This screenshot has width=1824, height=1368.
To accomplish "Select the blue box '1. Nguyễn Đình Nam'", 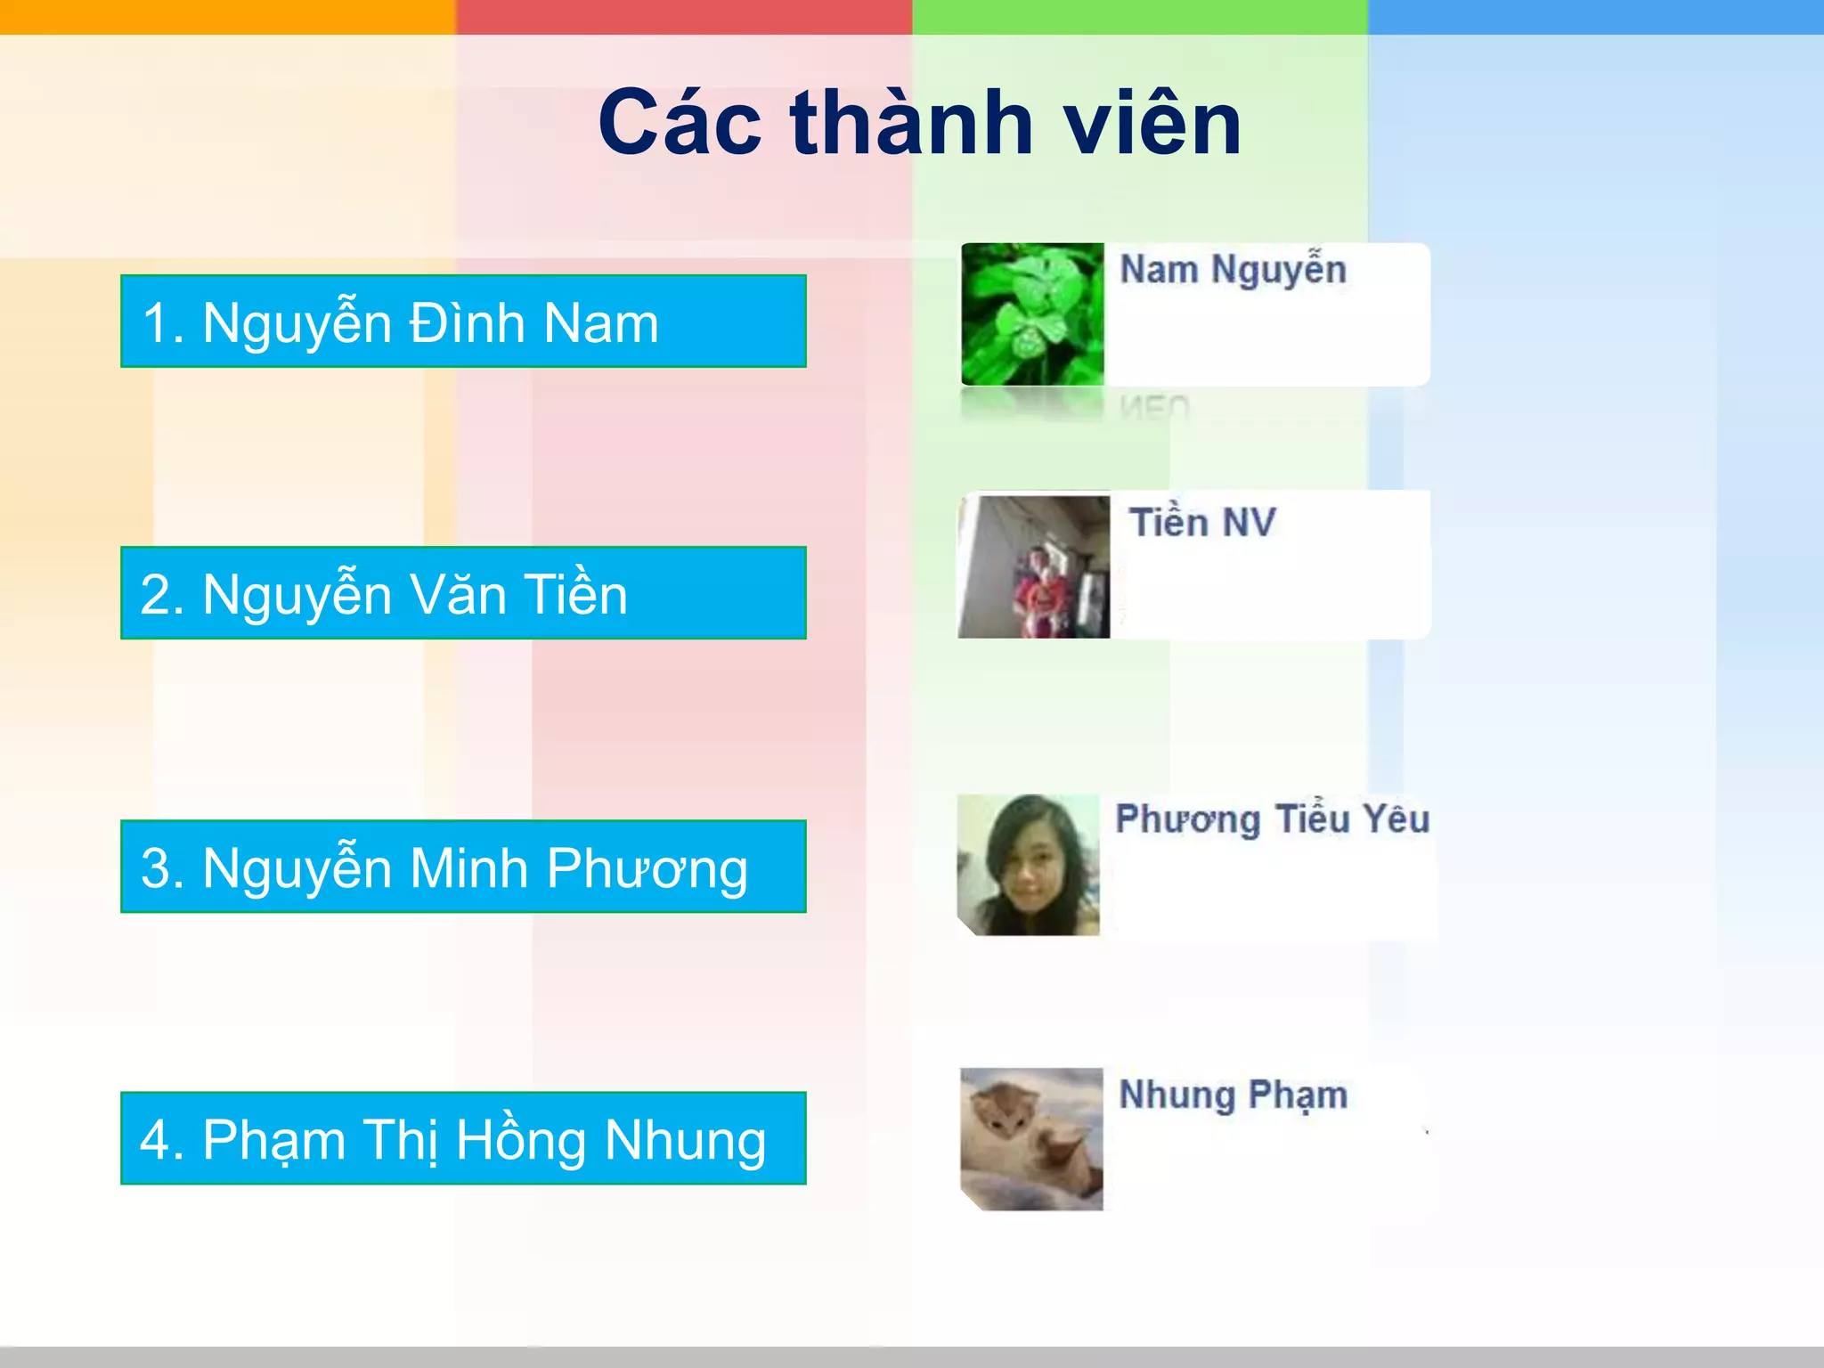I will tap(463, 322).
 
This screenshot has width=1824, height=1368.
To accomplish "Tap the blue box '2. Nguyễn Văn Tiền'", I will tap(463, 593).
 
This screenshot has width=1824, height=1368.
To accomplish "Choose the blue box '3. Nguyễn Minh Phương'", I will tap(463, 867).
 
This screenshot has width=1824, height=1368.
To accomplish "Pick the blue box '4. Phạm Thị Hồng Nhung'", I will tap(463, 1138).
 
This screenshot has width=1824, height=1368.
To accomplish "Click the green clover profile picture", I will tap(1032, 314).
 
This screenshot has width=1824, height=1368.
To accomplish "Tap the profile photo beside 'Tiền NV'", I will tap(1034, 566).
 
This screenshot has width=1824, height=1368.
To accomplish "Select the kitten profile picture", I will tap(1031, 1139).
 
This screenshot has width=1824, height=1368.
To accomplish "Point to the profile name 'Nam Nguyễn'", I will tap(1233, 270).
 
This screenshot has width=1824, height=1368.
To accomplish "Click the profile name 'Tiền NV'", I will tap(1202, 522).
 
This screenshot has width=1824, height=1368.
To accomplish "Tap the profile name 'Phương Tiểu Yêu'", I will tap(1272, 819).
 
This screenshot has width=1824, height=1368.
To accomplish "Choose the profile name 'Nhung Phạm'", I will tap(1233, 1095).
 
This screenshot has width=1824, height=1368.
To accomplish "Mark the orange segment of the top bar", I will tap(228, 16).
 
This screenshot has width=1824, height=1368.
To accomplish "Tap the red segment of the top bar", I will tap(684, 16).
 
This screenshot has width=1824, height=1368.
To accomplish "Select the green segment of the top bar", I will tap(1140, 16).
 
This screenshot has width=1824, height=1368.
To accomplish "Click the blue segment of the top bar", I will tap(1596, 16).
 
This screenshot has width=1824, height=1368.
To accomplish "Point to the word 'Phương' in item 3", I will tap(647, 868).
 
